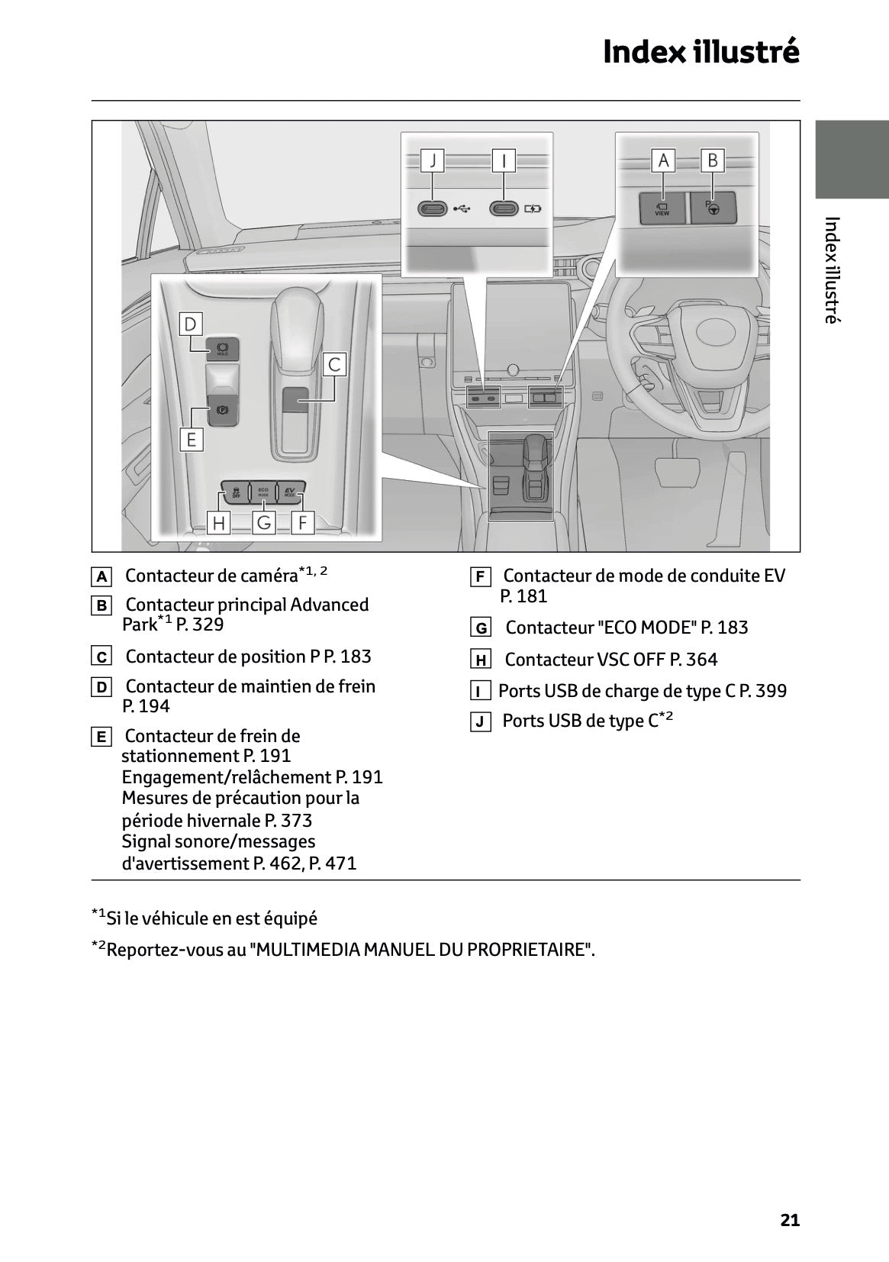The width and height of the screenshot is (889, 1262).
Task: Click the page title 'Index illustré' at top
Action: (x=701, y=52)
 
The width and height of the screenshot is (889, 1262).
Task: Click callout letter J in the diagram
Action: (x=433, y=161)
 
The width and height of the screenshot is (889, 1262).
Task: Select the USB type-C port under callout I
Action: (x=504, y=208)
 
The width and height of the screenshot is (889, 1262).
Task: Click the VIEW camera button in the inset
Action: (x=662, y=208)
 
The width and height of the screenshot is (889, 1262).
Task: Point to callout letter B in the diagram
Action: (x=712, y=160)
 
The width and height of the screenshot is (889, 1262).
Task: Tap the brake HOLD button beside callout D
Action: (x=223, y=348)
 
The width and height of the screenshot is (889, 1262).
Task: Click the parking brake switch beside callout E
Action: (x=223, y=411)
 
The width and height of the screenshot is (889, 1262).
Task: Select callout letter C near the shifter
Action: (x=333, y=365)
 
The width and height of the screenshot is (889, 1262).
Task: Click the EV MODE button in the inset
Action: (x=291, y=492)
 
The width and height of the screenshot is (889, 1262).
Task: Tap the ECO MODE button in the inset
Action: (x=263, y=492)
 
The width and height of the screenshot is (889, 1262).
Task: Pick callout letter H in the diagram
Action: (x=219, y=523)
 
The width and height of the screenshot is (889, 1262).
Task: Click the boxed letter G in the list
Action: (x=481, y=628)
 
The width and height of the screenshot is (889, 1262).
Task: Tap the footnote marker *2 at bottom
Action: (x=99, y=947)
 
